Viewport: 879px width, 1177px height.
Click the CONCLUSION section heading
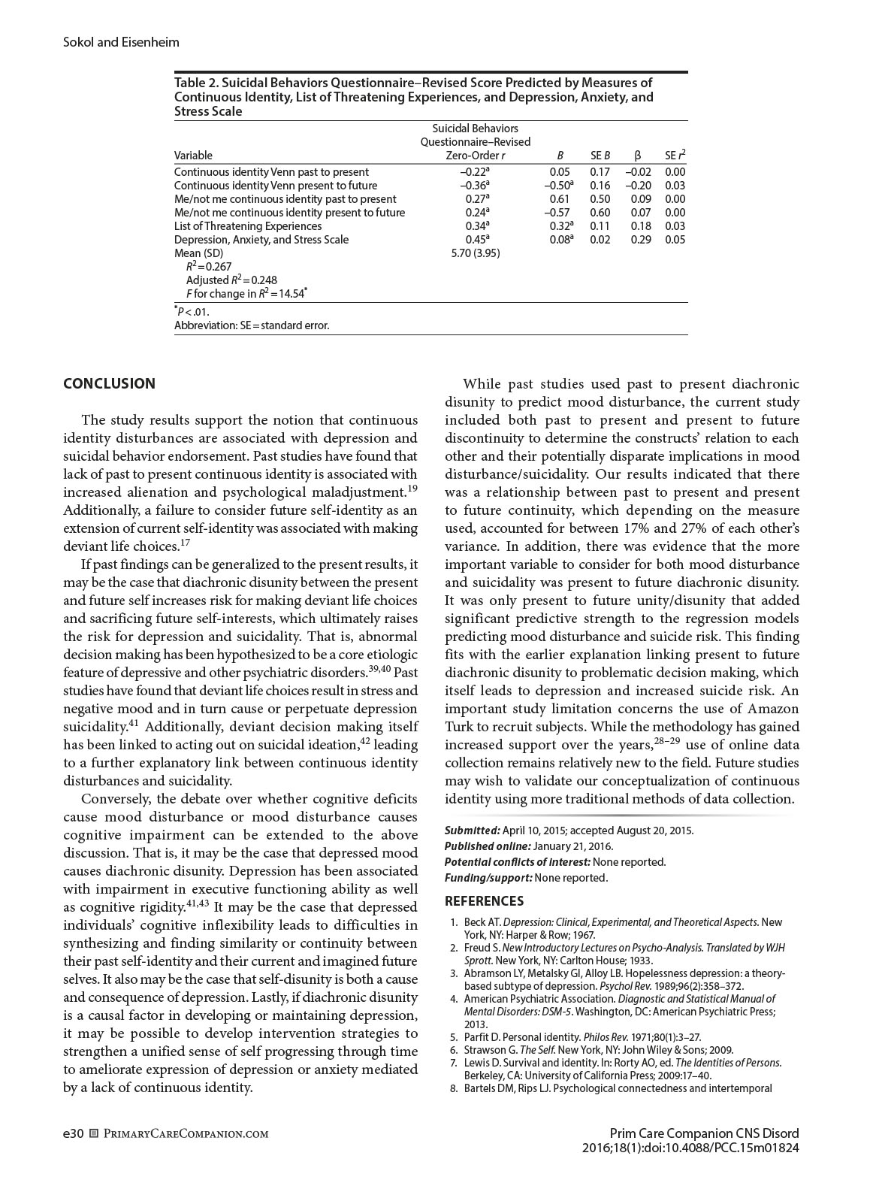click(109, 383)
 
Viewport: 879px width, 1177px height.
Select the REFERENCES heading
click(484, 900)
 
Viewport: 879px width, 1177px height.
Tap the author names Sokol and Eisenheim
click(121, 42)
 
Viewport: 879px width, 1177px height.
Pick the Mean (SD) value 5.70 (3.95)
click(475, 253)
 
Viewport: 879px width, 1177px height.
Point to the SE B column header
click(600, 156)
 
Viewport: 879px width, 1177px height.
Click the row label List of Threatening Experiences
click(248, 226)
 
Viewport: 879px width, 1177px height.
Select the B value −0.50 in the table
click(558, 186)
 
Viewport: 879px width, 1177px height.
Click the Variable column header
click(193, 156)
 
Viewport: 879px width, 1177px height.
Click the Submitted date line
click(569, 831)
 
